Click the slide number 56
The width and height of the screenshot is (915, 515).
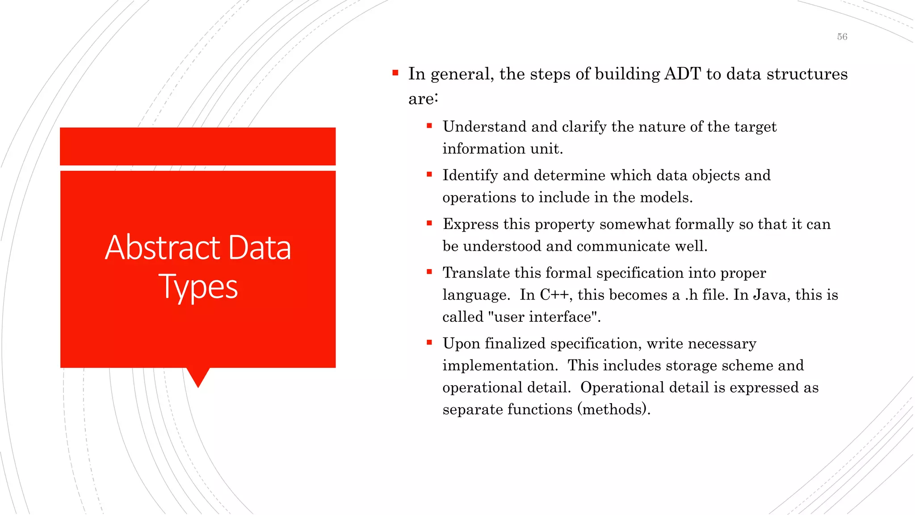pos(842,37)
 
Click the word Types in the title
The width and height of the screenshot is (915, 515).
pos(198,287)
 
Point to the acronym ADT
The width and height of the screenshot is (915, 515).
pos(682,74)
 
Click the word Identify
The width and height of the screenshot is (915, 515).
pos(470,176)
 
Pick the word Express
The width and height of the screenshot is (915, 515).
pos(470,224)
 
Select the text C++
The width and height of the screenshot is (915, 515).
pos(554,295)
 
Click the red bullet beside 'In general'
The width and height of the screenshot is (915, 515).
pos(395,72)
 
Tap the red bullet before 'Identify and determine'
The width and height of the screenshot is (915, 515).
pos(429,174)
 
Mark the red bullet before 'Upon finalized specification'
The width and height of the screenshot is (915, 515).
pos(429,342)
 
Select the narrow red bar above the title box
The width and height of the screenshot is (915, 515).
pos(197,146)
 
